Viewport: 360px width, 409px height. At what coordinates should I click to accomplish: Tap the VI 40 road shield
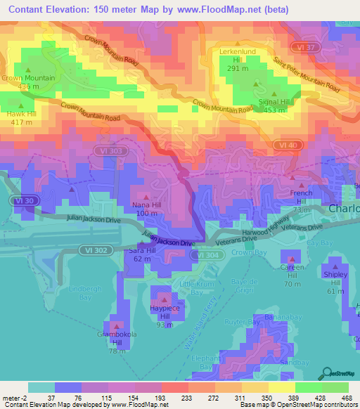[x=288, y=145]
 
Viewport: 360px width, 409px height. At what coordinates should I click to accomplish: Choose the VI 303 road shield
[x=109, y=151]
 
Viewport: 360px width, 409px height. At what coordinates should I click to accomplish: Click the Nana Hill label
[x=146, y=208]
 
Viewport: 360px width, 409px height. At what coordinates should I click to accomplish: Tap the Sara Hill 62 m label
[x=141, y=254]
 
